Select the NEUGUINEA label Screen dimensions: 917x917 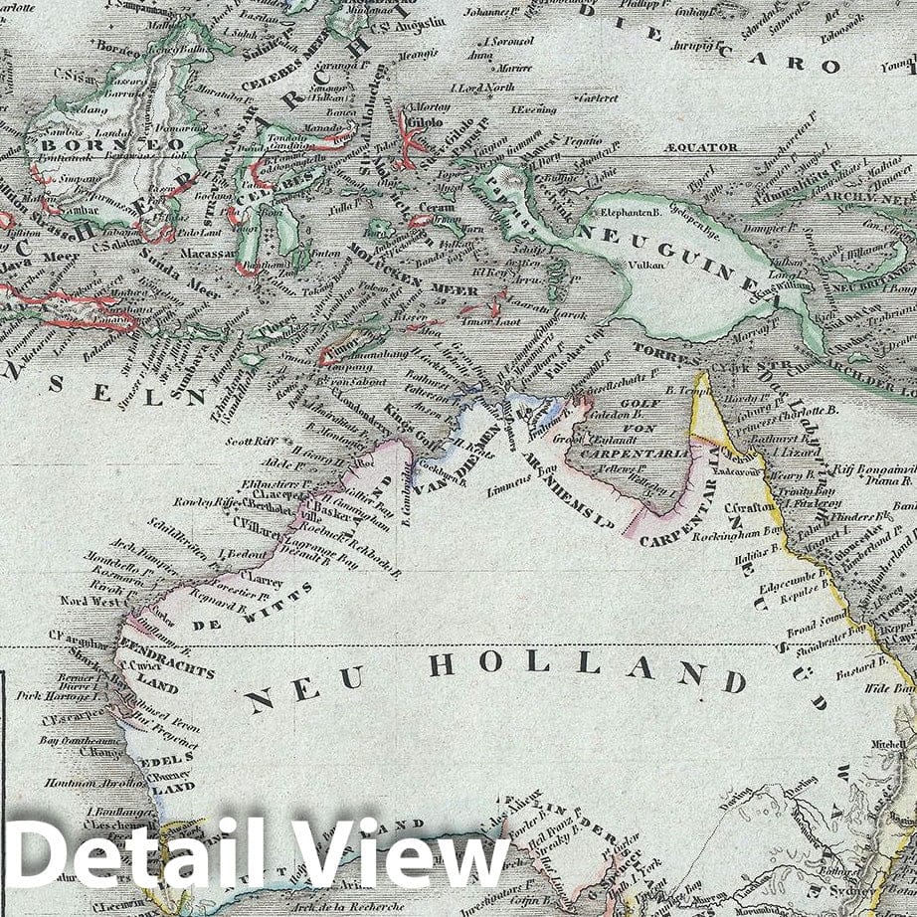point(676,248)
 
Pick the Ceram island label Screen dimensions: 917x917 point(439,207)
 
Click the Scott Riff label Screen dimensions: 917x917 point(252,441)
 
